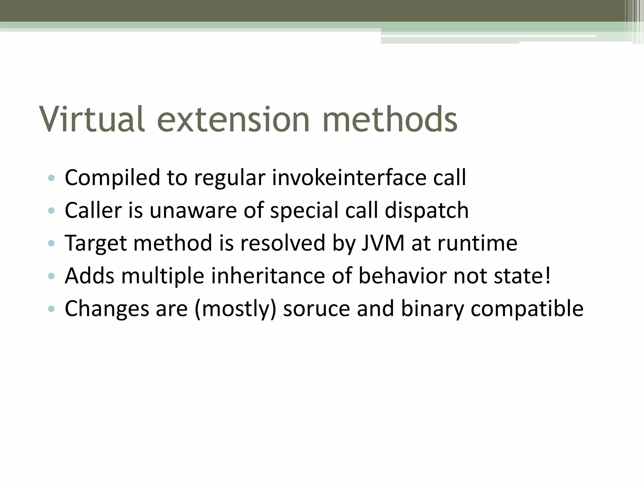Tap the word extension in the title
(x=233, y=119)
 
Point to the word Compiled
(x=112, y=178)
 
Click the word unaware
(x=193, y=210)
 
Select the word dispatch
(x=427, y=210)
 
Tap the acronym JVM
(x=383, y=243)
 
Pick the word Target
(x=96, y=244)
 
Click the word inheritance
(x=268, y=276)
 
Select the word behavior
(x=402, y=276)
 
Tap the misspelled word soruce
(x=316, y=309)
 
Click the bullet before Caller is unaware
(x=51, y=210)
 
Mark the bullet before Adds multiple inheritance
(x=51, y=276)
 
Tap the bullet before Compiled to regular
(x=51, y=178)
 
